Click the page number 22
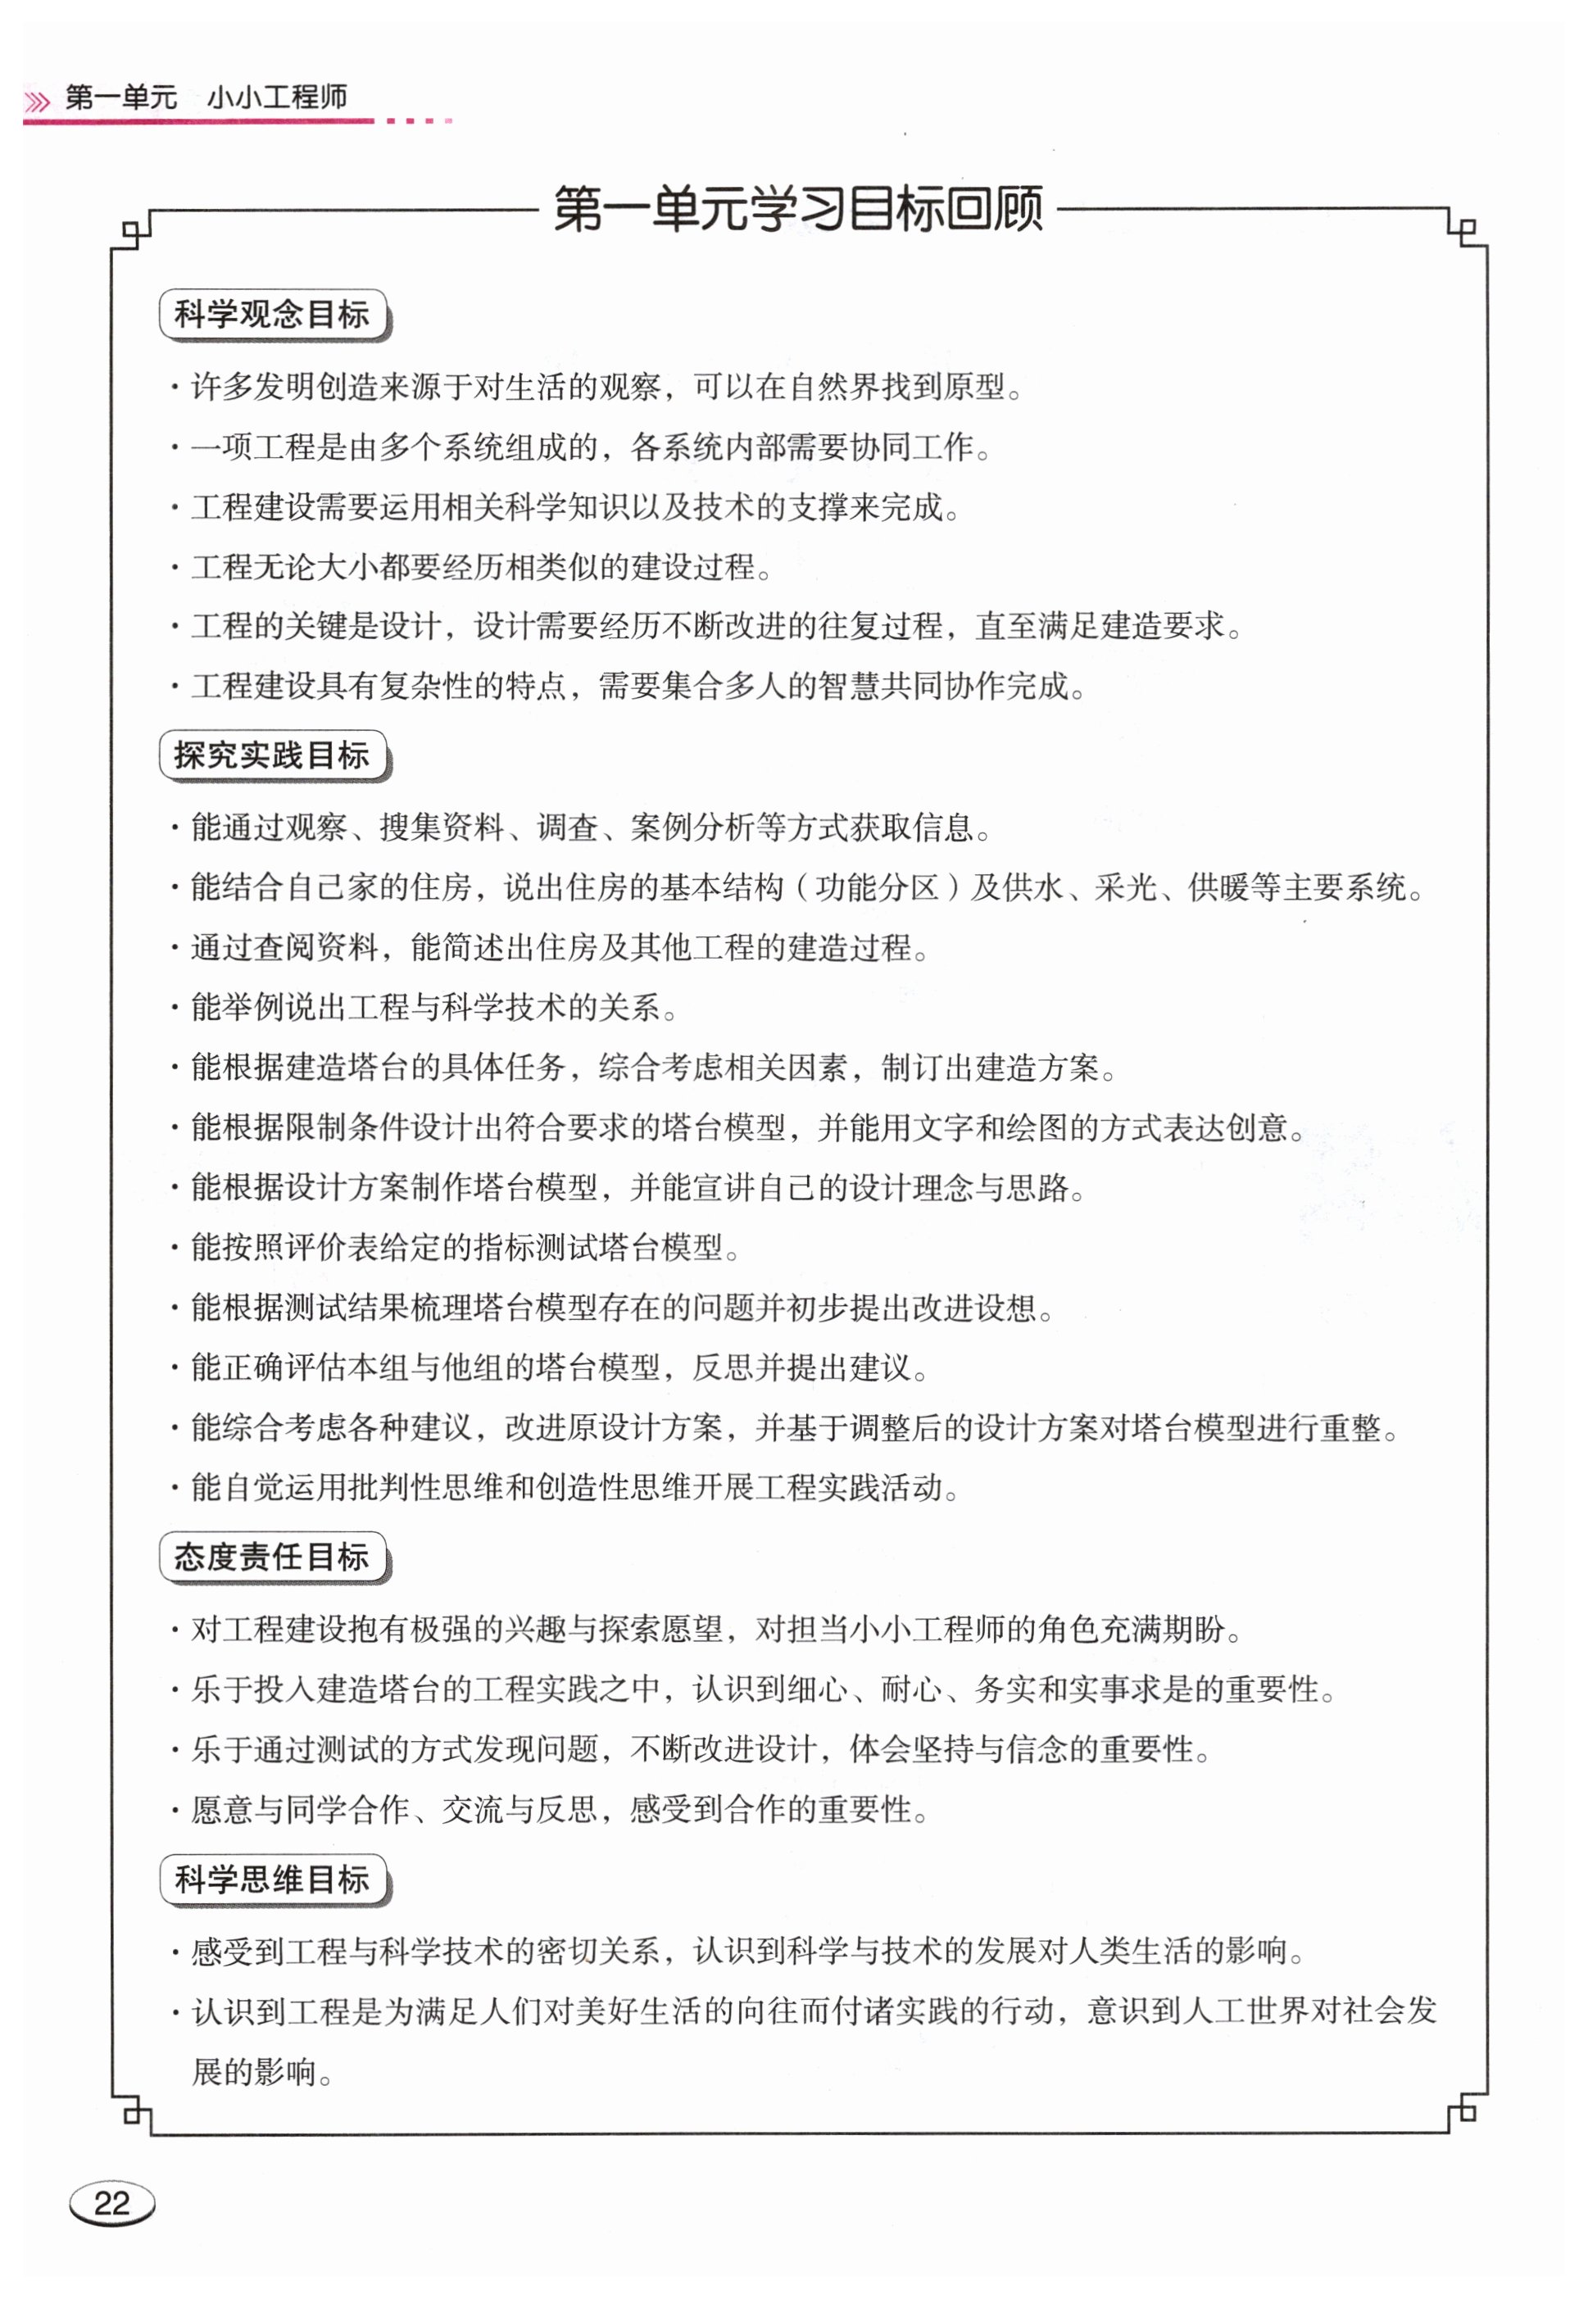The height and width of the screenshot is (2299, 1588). point(111,2202)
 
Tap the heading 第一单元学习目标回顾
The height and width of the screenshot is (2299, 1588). point(797,209)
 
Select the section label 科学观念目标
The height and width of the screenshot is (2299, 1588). point(272,315)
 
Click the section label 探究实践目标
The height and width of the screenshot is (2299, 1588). point(272,756)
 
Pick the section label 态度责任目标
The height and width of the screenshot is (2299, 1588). point(272,1557)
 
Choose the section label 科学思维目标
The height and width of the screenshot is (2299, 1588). point(272,1880)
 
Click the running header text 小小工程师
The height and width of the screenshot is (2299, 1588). point(277,97)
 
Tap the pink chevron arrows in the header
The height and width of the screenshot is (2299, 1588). point(37,102)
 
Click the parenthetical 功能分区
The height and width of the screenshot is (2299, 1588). point(877,887)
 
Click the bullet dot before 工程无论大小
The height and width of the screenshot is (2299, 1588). point(175,569)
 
